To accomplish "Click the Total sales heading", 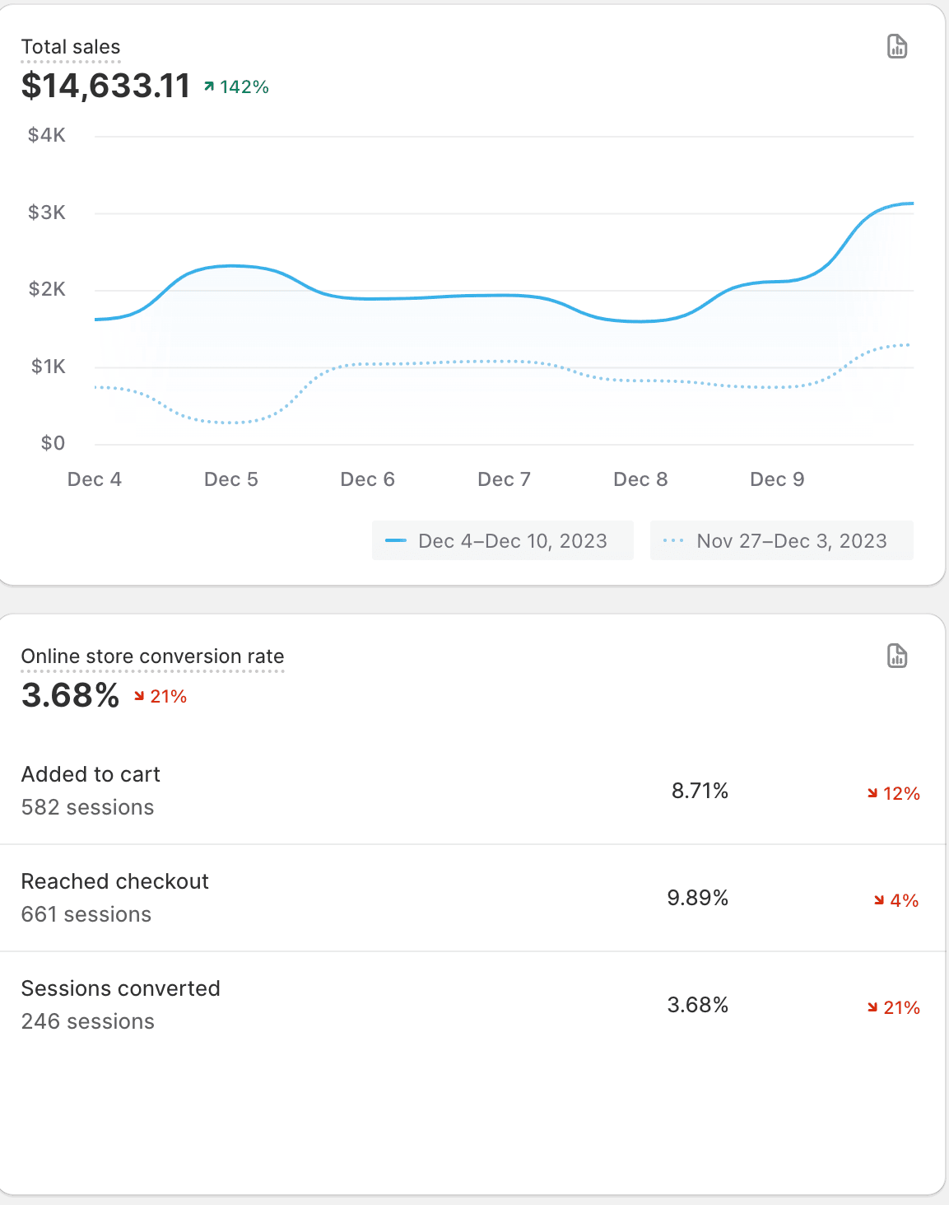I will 71,47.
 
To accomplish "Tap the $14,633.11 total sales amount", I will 105,86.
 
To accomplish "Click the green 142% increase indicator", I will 237,87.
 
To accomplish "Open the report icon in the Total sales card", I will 897,47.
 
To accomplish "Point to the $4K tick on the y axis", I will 47,135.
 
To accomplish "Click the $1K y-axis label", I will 48,367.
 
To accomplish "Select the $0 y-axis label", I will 53,443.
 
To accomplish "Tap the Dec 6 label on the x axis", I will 367,479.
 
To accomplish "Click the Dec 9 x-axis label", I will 777,479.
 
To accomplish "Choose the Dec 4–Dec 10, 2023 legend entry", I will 502,541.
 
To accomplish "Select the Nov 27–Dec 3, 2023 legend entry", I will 781,541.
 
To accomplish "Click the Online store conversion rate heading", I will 152,656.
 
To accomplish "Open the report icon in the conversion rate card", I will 897,656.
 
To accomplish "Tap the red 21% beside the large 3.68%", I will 161,697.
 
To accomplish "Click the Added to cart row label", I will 91,774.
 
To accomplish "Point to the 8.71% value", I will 700,791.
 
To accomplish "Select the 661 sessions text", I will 86,914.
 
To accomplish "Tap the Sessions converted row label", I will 120,988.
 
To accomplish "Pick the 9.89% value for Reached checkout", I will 697,898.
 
